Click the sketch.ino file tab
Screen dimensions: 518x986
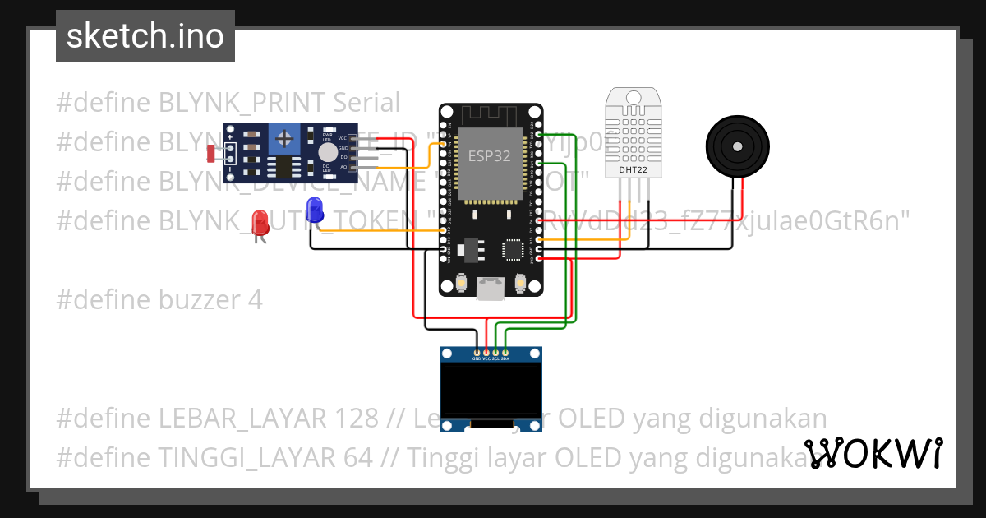point(145,36)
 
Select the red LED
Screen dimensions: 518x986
point(260,222)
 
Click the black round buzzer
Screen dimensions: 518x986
point(738,146)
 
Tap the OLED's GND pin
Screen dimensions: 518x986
point(477,353)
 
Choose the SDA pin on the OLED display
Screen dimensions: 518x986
point(505,353)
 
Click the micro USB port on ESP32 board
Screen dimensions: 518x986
point(491,289)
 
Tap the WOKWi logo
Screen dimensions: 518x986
point(873,453)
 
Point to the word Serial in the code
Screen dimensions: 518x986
point(366,103)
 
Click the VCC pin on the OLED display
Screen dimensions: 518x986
point(486,353)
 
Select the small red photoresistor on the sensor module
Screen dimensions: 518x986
point(211,152)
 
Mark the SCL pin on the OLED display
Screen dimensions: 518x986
point(495,353)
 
